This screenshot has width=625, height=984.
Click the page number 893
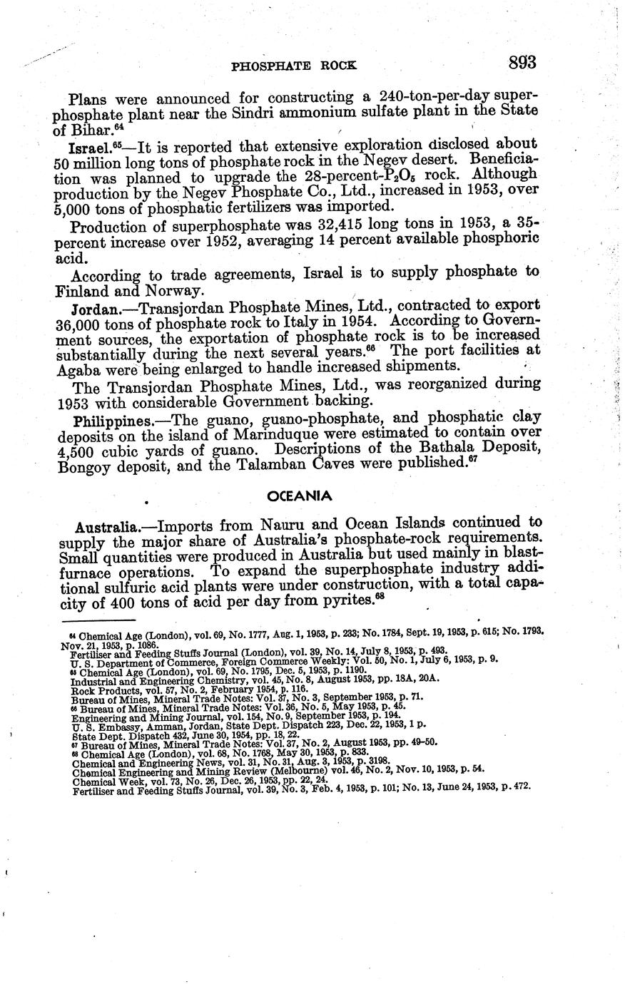[522, 63]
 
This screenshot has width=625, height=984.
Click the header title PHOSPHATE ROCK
[294, 66]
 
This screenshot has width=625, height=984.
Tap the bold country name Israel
[91, 148]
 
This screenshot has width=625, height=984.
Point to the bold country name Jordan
[94, 310]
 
